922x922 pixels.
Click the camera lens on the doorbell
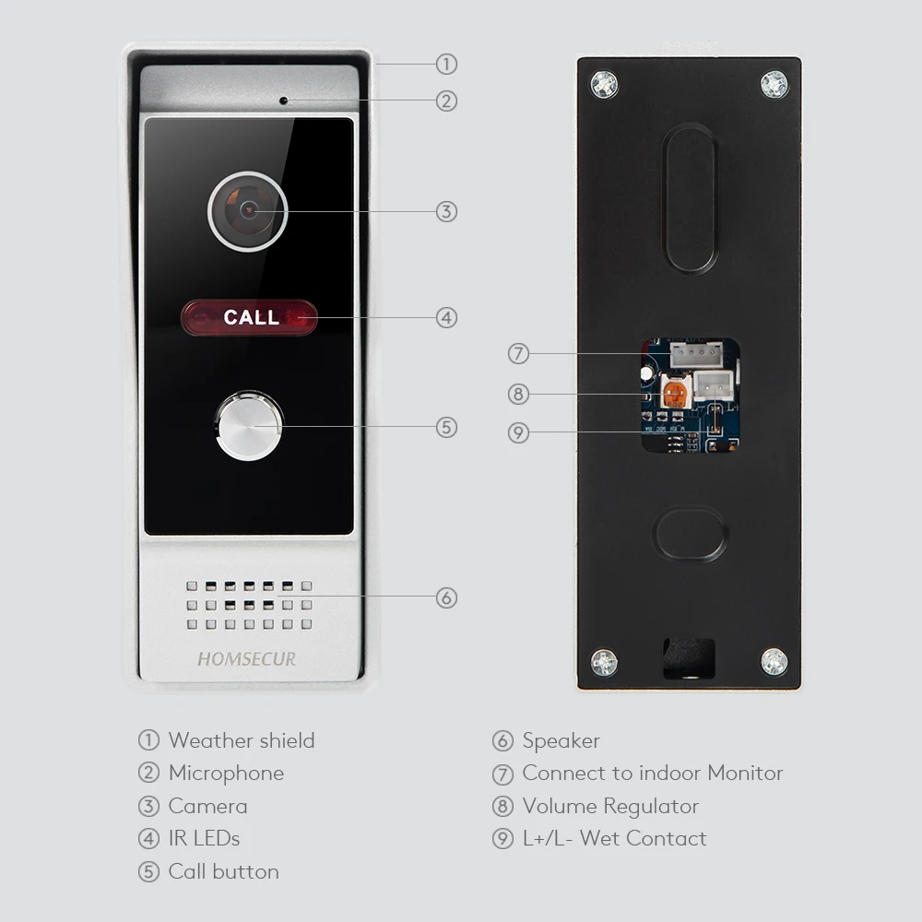(x=247, y=211)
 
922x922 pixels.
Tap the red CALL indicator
(x=249, y=317)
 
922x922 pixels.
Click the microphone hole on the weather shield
(x=283, y=100)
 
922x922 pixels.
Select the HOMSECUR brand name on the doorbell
(x=246, y=659)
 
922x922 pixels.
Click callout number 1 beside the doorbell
(x=446, y=65)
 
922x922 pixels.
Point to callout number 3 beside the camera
(x=446, y=212)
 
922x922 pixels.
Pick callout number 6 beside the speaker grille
(x=446, y=598)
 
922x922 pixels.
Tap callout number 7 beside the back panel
(x=518, y=354)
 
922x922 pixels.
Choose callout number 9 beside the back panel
(x=518, y=433)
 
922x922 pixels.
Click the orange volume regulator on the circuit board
(x=674, y=394)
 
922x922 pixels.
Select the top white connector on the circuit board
(x=696, y=355)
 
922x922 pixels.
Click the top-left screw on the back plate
(x=604, y=84)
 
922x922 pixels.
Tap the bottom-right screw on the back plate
(x=774, y=662)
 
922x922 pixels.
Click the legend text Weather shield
(x=242, y=740)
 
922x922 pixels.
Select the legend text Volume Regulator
(x=610, y=806)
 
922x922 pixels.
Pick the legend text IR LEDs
(x=204, y=838)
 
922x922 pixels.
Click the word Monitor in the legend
(x=745, y=774)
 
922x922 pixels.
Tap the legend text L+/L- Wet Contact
(x=614, y=838)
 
